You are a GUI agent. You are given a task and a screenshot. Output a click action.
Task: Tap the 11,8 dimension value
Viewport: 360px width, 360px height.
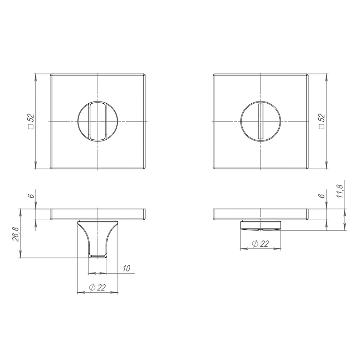pos(340,191)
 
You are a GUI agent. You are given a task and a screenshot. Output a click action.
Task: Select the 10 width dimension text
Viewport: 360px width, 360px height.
pos(126,269)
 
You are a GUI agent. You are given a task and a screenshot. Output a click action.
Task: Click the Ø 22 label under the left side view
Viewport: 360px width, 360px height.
pos(97,287)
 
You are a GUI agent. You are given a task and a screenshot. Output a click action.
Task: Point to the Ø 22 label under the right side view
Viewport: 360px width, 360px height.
pos(260,244)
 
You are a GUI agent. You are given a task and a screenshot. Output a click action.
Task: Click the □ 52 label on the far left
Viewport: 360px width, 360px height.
pos(31,122)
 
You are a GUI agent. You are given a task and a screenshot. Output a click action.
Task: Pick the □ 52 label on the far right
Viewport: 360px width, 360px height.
pos(322,122)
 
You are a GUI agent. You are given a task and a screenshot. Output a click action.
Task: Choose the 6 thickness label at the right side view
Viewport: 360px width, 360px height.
pos(322,195)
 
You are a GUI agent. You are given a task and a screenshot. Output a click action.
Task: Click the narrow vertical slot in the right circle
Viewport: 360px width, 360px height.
pos(260,121)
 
